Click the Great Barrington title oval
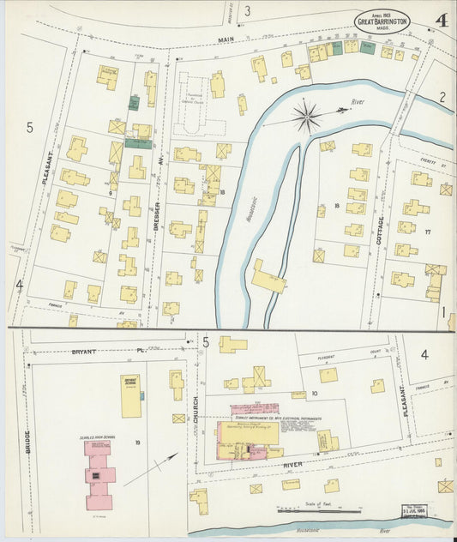click(382, 21)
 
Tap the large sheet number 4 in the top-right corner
click(440, 20)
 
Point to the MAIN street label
click(225, 39)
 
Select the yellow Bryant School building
click(131, 395)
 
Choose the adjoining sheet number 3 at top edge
click(247, 11)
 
